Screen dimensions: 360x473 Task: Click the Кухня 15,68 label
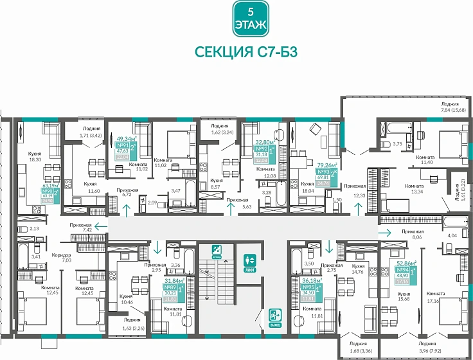tap(404, 296)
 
